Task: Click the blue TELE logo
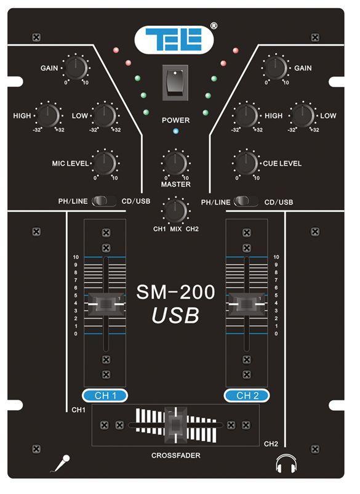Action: [x=174, y=39]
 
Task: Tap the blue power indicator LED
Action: [x=176, y=131]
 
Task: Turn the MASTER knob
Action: [x=175, y=163]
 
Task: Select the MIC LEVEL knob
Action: [x=105, y=163]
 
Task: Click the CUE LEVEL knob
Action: [x=246, y=163]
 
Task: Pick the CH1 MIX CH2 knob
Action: [x=175, y=211]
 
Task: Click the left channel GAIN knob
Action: [x=76, y=68]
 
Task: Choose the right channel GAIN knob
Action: [x=276, y=68]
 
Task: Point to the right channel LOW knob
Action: [x=302, y=115]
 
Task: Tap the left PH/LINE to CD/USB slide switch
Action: [x=104, y=201]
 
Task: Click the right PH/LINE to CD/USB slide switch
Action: [x=246, y=201]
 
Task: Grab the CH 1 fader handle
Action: [x=106, y=304]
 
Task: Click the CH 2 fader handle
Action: [x=246, y=304]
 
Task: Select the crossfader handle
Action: [x=175, y=425]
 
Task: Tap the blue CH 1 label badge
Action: [x=105, y=395]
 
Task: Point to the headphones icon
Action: [x=286, y=463]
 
